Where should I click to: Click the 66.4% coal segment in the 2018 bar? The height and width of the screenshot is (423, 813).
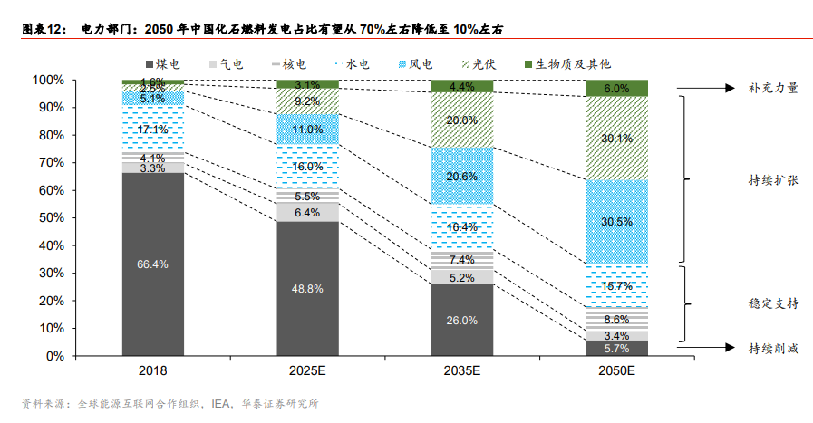pyautogui.click(x=153, y=264)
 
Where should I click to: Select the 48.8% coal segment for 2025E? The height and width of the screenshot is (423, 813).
pyautogui.click(x=307, y=288)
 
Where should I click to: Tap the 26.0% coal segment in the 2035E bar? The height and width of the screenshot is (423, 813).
pyautogui.click(x=461, y=320)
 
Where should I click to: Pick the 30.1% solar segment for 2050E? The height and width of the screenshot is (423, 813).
pyautogui.click(x=616, y=138)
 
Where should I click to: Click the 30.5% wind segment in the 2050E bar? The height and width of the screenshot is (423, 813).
pyautogui.click(x=616, y=222)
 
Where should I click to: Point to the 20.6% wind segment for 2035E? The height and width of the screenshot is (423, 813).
pyautogui.click(x=461, y=176)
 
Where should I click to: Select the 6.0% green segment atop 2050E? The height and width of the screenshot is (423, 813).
pyautogui.click(x=616, y=88)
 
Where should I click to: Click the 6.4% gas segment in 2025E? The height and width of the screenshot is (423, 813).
pyautogui.click(x=307, y=212)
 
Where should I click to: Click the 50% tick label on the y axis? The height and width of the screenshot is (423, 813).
pyautogui.click(x=50, y=218)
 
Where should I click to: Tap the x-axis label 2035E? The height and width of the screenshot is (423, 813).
pyautogui.click(x=461, y=371)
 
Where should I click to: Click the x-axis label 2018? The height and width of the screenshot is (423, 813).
pyautogui.click(x=153, y=371)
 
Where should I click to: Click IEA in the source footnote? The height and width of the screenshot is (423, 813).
pyautogui.click(x=221, y=403)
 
